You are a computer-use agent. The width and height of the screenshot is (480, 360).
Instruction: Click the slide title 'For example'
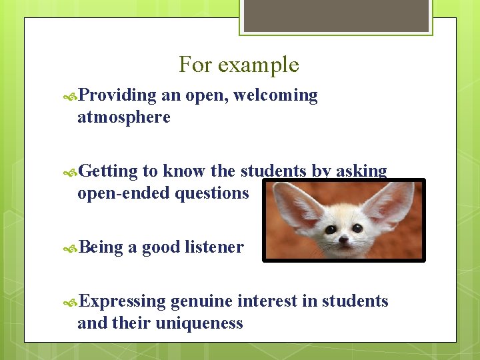[239, 65]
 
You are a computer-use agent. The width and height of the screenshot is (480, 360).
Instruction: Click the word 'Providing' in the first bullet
[117, 96]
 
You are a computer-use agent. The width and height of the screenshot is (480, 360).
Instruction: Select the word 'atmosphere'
[124, 118]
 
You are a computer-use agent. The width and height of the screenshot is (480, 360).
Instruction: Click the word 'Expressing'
[122, 301]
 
